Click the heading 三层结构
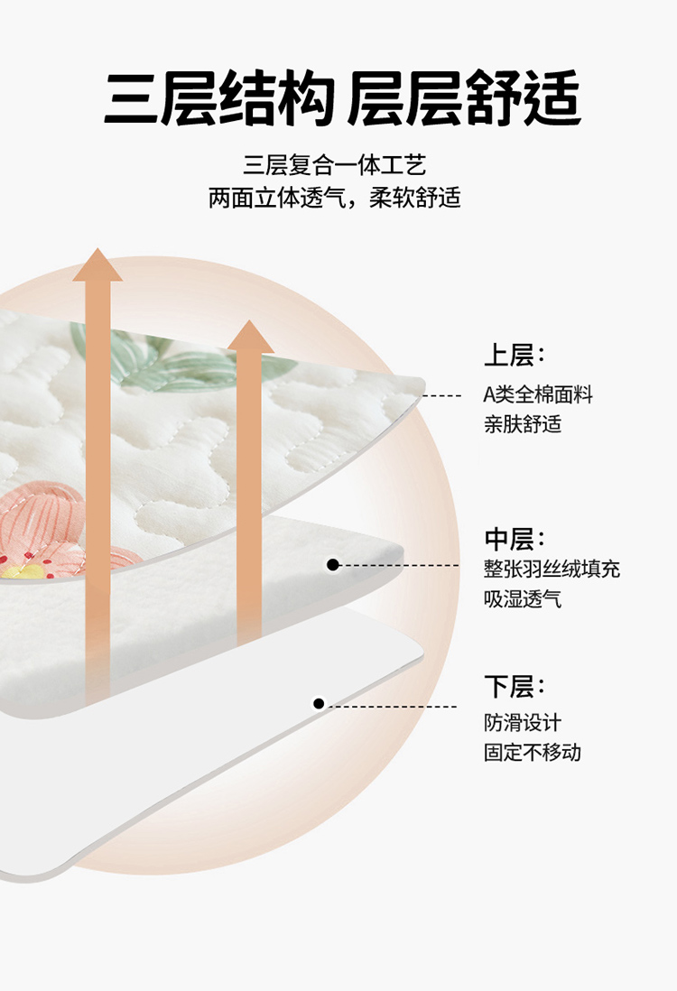[219, 98]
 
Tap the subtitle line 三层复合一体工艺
[335, 165]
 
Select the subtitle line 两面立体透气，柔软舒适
[335, 198]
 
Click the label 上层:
[515, 356]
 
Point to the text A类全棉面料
[538, 394]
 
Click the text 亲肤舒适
[523, 423]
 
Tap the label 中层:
[515, 539]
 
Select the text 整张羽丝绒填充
[552, 569]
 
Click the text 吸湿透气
[523, 598]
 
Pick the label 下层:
[515, 686]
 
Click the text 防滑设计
[523, 722]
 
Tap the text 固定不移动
[533, 752]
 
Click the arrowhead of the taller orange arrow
[97, 265]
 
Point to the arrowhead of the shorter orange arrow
[250, 337]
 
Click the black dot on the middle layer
[333, 564]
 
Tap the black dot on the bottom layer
[320, 703]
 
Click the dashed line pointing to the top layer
[442, 395]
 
